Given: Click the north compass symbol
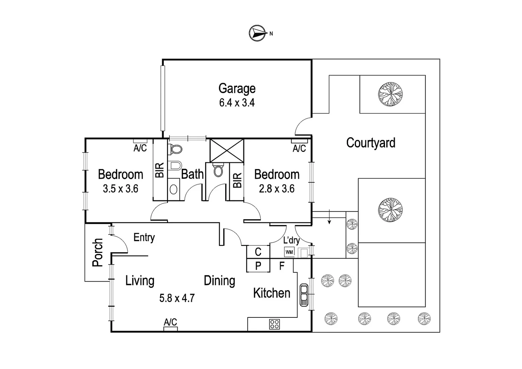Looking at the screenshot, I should pos(258,33).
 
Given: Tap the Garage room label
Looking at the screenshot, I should pos(237,88).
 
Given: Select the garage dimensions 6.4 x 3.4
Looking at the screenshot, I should pos(237,102).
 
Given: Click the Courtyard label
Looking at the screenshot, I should pos(371,143).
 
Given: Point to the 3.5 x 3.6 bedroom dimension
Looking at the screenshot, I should pos(120,189).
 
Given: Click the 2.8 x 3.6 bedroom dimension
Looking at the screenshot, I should pos(276,189).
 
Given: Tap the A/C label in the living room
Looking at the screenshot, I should pos(170,322).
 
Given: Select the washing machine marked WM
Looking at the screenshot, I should pos(289,252).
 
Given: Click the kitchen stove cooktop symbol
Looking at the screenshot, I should pos(274,324).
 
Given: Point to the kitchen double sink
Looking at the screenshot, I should pos(303,295).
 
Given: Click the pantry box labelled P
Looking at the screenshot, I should pos(258,266).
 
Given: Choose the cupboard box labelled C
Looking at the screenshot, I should pos(258,252).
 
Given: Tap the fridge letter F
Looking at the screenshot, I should pos(282,266).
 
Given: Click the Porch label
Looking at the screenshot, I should pos(97,252).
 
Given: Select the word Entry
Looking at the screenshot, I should pos(144,237).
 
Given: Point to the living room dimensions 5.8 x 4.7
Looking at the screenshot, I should pos(177,298).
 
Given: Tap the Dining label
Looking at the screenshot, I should pos(219,281).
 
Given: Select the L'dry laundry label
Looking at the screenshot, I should pos(291,240).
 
